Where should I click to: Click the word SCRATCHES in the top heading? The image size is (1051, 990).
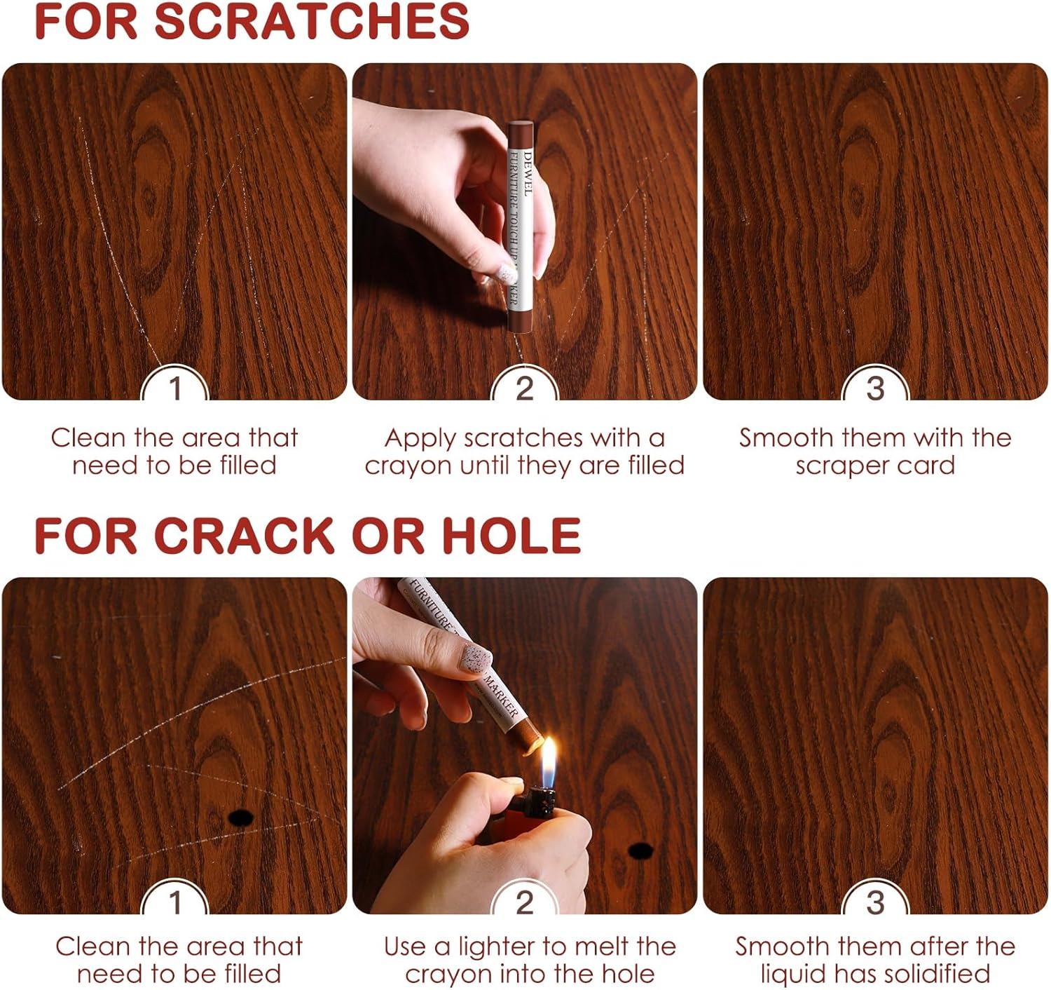312,21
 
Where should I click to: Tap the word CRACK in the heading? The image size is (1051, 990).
244,536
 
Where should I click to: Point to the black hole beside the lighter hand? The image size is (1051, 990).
641,850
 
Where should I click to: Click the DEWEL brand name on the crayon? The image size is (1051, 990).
527,174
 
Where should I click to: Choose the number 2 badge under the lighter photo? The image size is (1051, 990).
524,902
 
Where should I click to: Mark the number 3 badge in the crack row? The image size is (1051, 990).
874,902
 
